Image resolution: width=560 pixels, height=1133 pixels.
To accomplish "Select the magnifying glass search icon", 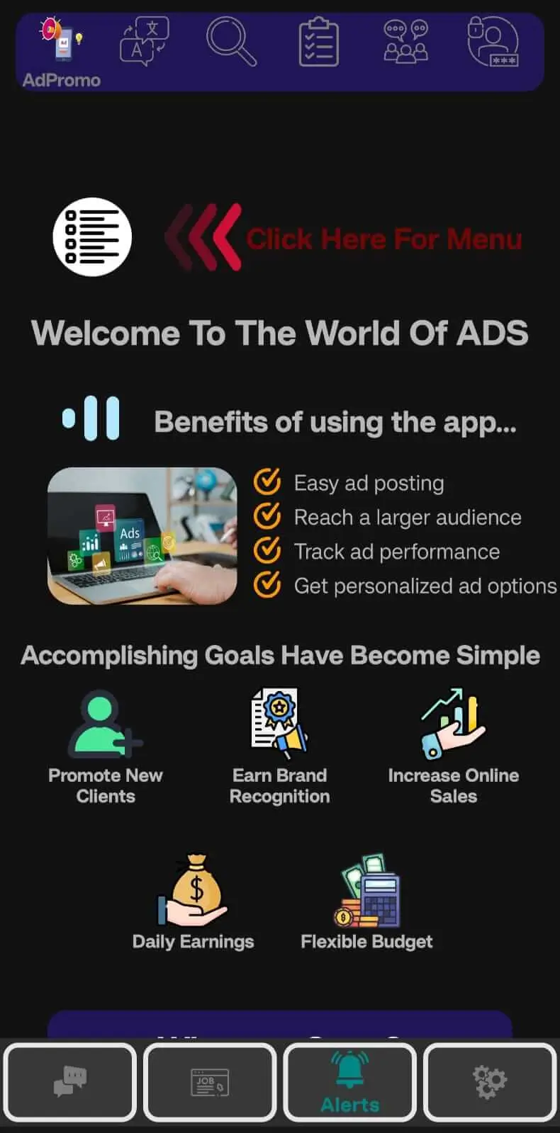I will (x=231, y=42).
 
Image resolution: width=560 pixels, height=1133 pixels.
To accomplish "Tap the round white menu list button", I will (x=92, y=237).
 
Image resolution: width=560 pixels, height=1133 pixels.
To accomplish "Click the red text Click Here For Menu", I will (x=383, y=239).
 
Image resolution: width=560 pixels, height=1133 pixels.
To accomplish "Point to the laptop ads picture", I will (x=142, y=536).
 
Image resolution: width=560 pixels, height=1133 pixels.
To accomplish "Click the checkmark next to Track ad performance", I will (x=267, y=550).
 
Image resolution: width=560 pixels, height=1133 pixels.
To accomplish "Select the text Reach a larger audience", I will (x=408, y=518).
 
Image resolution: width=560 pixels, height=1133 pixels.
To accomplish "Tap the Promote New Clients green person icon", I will (x=103, y=724).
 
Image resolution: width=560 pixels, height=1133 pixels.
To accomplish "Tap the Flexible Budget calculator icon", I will (x=367, y=891).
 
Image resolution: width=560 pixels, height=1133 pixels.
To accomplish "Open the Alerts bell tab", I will (x=350, y=1082).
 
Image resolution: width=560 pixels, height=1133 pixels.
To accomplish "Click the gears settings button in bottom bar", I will (x=490, y=1082).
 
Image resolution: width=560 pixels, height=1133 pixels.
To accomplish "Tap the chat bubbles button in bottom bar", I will (x=69, y=1082).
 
